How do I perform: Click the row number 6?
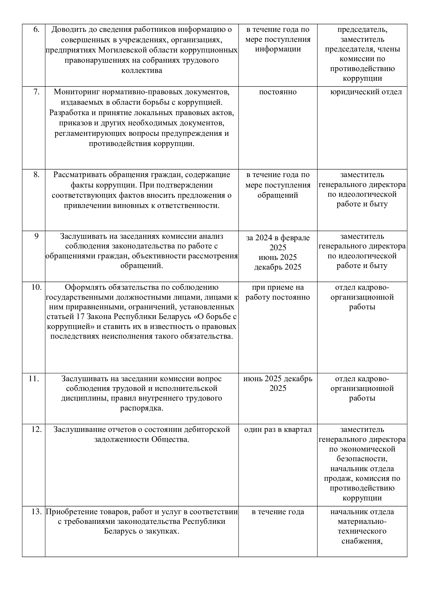[x=37, y=30]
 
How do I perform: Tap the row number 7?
[x=37, y=92]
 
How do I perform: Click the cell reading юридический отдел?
[x=366, y=92]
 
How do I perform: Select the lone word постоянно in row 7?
[x=278, y=92]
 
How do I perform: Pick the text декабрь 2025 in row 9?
[x=278, y=267]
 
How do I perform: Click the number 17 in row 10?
[x=81, y=317]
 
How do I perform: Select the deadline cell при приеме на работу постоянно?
[x=278, y=292]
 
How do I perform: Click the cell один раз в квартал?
[x=278, y=430]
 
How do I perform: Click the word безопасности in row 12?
[x=362, y=459]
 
